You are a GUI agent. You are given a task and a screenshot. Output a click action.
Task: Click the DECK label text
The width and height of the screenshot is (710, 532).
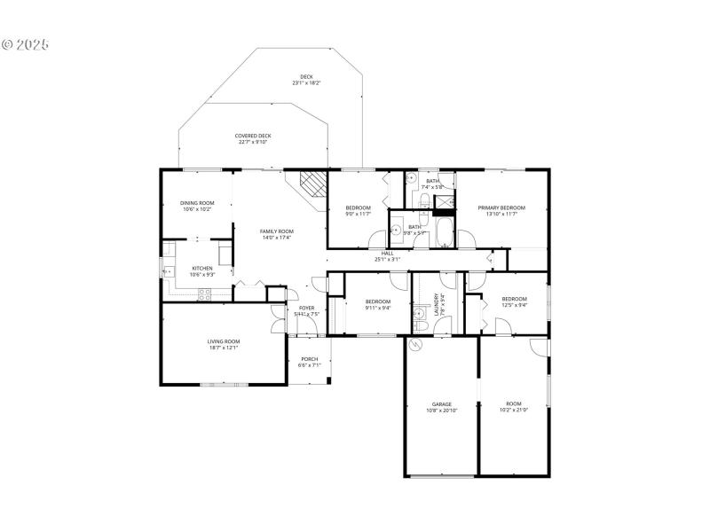click(306, 77)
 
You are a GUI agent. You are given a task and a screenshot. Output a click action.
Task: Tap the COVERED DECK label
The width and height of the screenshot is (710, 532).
click(253, 136)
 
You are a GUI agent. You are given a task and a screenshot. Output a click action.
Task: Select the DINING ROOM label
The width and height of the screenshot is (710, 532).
click(197, 203)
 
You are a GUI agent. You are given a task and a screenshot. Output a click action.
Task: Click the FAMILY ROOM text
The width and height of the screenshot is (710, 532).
click(276, 231)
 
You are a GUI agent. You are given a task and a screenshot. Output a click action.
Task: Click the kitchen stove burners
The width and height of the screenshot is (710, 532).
click(204, 293)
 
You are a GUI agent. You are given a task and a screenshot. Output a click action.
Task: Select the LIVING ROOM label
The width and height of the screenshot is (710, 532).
click(224, 341)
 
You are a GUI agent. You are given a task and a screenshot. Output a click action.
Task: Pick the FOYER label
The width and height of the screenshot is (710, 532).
click(306, 308)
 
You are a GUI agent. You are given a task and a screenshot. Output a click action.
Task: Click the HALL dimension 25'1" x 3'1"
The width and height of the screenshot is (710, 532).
click(388, 260)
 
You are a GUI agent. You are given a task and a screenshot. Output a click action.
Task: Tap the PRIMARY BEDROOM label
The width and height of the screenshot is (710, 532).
click(501, 207)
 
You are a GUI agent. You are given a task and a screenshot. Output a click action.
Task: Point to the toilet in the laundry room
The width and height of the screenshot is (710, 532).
click(422, 325)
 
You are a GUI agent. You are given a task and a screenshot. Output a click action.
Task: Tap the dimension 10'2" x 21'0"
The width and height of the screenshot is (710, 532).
click(514, 410)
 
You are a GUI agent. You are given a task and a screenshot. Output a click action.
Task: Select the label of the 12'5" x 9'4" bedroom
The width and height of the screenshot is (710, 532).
click(514, 300)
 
